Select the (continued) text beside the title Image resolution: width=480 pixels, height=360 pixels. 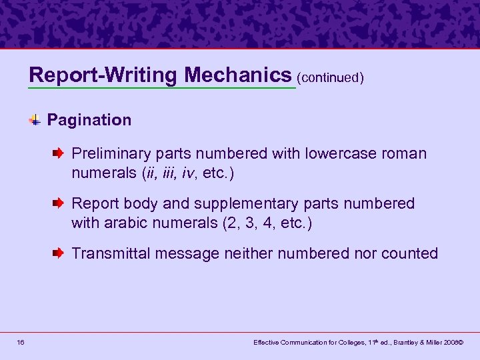coord(331,77)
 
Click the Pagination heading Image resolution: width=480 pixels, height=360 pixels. coord(89,120)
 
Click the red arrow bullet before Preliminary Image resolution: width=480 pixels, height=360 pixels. coord(59,153)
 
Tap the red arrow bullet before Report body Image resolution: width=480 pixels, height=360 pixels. coord(59,203)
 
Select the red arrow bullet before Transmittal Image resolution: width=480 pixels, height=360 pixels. coord(59,253)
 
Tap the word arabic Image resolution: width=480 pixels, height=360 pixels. coord(124,223)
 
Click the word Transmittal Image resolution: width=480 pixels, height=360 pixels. coord(110,253)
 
